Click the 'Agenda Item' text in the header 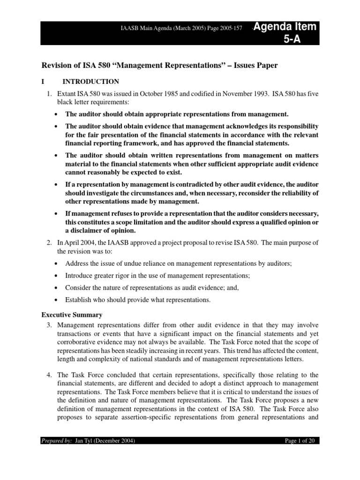coord(288,27)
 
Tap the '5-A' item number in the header coord(292,39)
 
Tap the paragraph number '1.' coord(48,94)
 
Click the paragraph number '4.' coord(48,375)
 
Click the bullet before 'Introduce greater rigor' coord(57,276)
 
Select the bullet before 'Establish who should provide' coord(57,300)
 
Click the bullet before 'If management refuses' coord(57,214)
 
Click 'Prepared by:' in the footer coord(56,441)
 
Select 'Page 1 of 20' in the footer coord(301,441)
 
